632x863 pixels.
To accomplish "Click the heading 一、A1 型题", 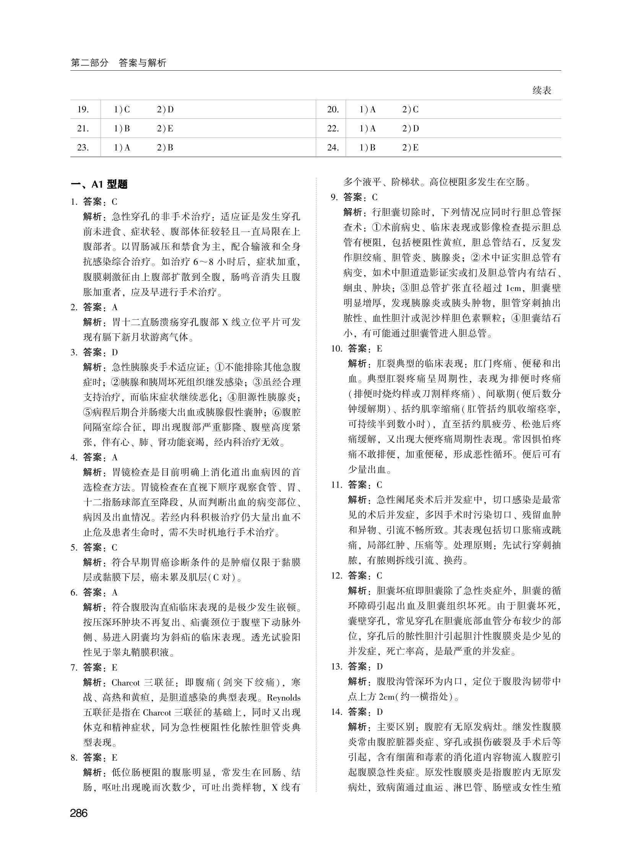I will [x=99, y=185].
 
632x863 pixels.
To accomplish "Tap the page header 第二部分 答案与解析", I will [x=119, y=63].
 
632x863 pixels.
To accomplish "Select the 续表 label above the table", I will [x=542, y=91].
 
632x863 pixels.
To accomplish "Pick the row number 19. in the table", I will [x=83, y=110].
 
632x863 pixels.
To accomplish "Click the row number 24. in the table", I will [x=333, y=147].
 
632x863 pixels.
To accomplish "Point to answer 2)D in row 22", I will [x=411, y=129].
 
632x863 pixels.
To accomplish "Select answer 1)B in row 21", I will [x=122, y=129].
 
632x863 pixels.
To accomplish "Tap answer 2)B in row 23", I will [x=165, y=147].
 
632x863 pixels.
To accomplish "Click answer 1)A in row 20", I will [x=368, y=110].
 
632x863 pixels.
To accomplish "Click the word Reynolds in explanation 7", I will [x=283, y=698].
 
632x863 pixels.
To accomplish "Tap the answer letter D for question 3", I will [x=115, y=352].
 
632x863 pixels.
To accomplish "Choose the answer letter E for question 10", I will [x=380, y=348].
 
